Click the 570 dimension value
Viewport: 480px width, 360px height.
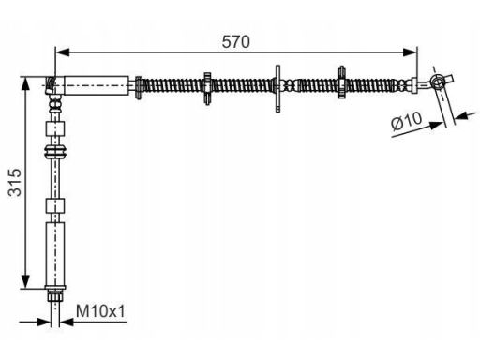point(235,42)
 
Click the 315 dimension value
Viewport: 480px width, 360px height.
point(15,183)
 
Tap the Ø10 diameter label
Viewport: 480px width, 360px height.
point(406,120)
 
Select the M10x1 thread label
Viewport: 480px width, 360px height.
point(100,311)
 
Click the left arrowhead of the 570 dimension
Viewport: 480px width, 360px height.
point(63,52)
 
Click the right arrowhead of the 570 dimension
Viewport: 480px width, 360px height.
point(410,52)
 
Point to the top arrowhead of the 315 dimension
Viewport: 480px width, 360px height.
point(25,84)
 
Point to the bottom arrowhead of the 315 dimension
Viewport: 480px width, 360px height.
point(25,281)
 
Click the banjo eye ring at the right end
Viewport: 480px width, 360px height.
point(437,82)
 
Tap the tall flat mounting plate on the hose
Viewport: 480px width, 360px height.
point(277,88)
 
